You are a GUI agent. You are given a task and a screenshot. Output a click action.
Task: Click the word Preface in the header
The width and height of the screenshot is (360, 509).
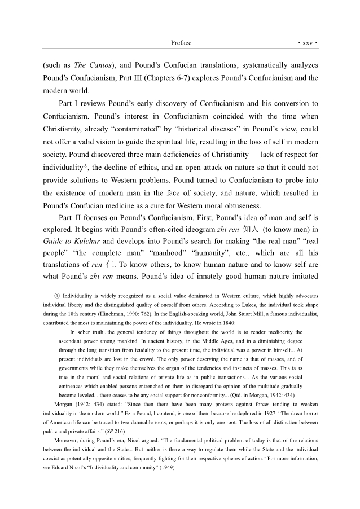click(181, 43)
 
